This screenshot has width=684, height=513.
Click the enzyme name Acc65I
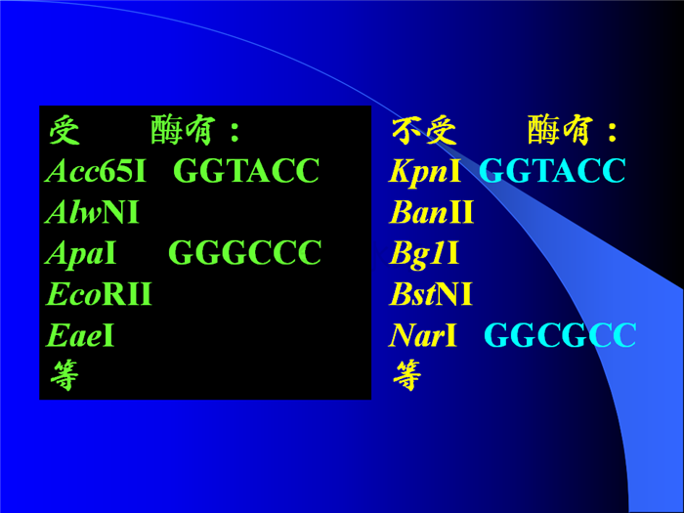pos(96,171)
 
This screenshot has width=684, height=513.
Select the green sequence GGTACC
pos(246,170)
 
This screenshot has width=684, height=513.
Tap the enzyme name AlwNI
pos(92,212)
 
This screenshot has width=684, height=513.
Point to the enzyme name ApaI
pos(81,253)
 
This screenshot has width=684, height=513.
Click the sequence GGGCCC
pos(245,252)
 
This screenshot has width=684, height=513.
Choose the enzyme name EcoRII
pos(99,294)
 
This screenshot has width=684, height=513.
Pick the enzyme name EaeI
pos(80,335)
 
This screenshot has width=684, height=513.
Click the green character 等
pos(64,375)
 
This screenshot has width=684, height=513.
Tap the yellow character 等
pos(407,375)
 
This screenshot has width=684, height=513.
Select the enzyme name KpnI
pos(425,171)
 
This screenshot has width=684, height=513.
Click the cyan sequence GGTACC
pos(553,170)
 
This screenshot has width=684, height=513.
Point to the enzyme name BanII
pos(432,212)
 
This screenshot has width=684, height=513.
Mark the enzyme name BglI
pos(424,254)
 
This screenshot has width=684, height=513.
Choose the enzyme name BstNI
pos(431,294)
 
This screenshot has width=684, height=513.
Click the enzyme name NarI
pos(423,335)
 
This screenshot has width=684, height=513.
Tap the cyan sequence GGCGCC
pos(560,335)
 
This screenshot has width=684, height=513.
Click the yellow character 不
pos(406,130)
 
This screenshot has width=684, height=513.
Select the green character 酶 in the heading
pos(166,130)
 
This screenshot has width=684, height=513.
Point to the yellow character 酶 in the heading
pos(543,130)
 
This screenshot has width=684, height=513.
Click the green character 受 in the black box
pos(64,130)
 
